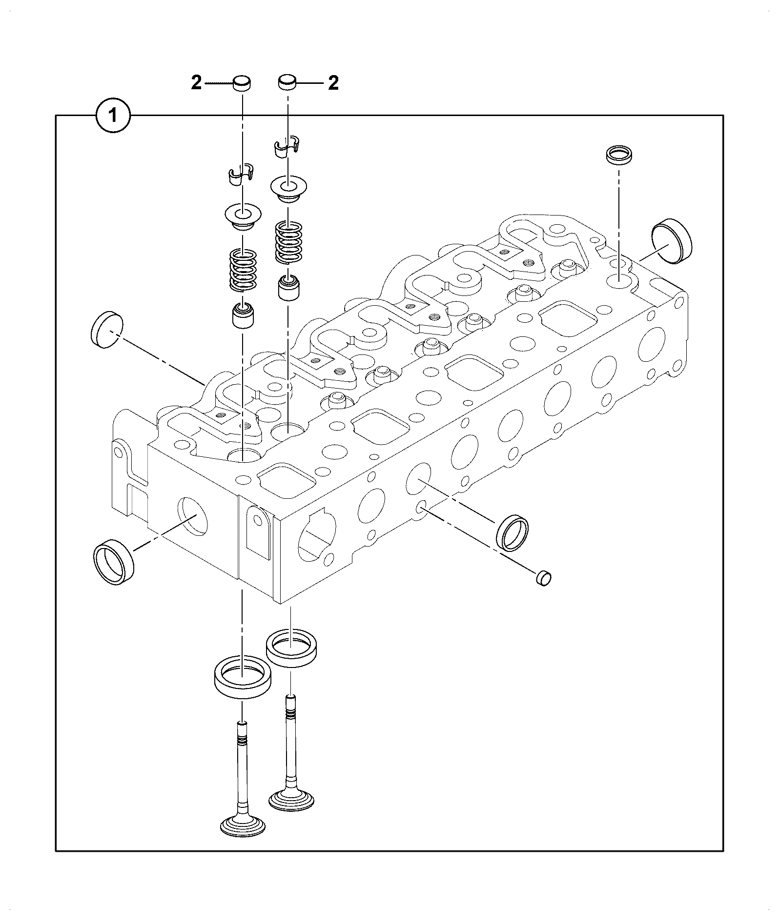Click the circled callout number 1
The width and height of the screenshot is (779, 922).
coord(113,116)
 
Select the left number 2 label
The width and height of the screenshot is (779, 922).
coord(196,83)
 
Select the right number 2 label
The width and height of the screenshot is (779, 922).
coord(333,83)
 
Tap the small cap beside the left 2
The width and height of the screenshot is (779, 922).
coord(242,83)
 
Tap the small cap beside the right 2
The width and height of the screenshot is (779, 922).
coord(288,82)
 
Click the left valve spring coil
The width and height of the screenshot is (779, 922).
coord(243,271)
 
